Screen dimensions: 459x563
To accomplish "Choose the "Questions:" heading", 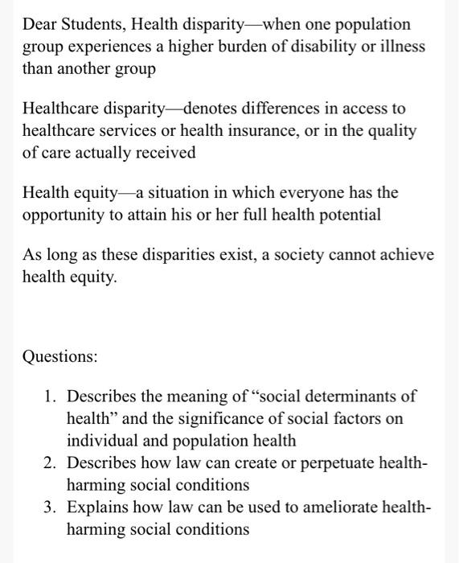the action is coord(60,356).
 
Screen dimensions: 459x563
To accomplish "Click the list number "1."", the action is coord(52,397).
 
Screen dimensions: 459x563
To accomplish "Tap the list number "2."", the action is coord(52,463).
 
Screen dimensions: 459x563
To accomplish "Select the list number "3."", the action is coord(52,508).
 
